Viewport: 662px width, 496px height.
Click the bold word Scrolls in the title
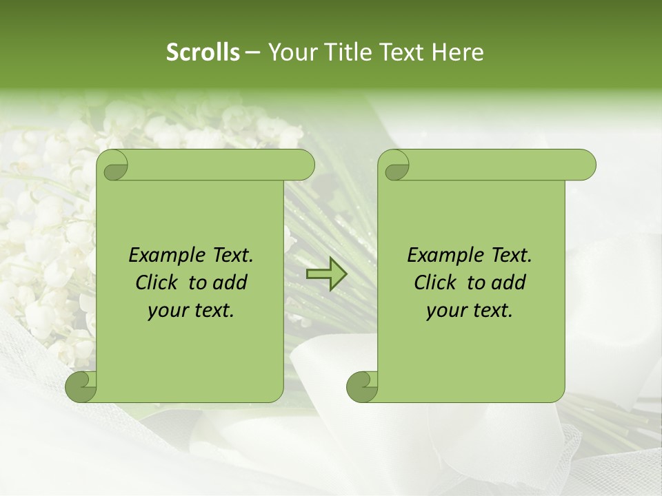point(203,52)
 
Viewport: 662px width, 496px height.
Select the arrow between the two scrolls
point(326,275)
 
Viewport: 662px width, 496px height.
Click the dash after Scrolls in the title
point(253,53)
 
